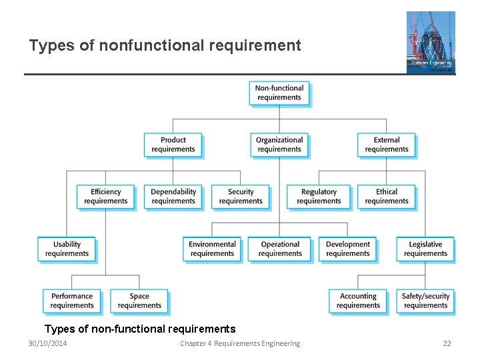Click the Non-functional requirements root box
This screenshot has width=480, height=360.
279,93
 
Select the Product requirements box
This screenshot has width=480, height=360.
173,145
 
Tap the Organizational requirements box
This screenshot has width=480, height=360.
279,145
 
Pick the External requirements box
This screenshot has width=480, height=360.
387,145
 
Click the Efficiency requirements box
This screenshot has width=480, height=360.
105,197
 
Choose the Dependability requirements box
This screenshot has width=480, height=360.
173,197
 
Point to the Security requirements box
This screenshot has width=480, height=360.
241,197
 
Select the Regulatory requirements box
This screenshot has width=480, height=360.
319,197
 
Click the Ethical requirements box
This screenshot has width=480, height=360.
387,197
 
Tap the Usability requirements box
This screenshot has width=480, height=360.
67,249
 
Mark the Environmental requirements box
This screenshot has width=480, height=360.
212,249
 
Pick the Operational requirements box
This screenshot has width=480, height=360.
280,249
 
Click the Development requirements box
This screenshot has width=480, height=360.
348,249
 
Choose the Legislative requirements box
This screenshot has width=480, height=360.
425,249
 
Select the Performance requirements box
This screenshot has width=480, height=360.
72,301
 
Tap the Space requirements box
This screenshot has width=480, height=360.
139,301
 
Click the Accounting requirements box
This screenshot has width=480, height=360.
358,301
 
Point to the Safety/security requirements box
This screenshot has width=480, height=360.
426,301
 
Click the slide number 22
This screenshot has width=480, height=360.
447,343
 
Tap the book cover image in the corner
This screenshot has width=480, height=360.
431,41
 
